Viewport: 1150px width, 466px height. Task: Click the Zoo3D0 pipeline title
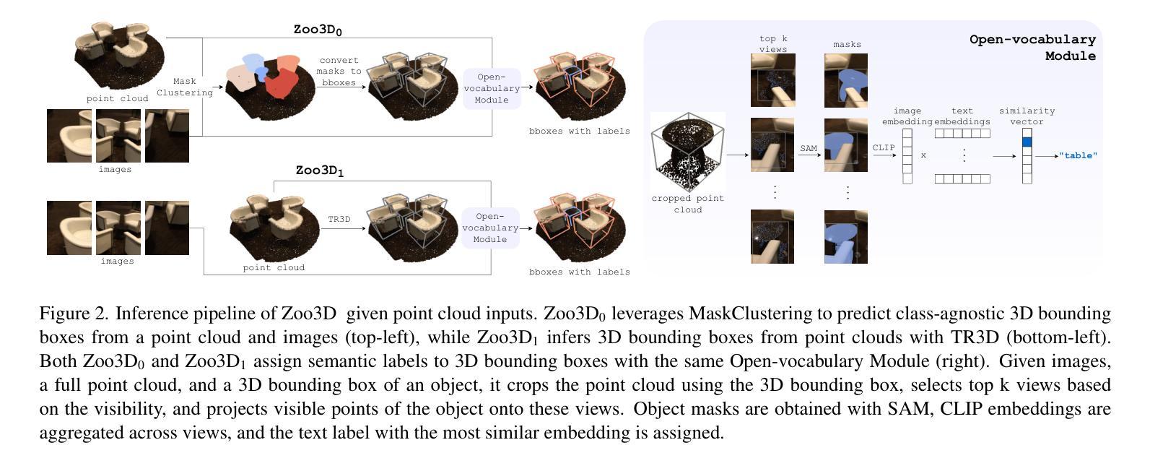(318, 30)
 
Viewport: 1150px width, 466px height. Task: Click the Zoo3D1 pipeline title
(320, 171)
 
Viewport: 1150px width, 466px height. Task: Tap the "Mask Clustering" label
(185, 87)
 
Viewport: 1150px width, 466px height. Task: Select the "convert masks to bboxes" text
(339, 72)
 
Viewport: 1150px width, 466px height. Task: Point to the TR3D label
(339, 219)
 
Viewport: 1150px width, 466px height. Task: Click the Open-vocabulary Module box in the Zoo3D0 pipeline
(492, 89)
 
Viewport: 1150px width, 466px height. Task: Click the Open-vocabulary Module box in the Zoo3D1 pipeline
(490, 228)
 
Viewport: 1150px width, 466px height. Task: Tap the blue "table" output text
(1078, 156)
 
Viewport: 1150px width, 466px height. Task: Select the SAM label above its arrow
(809, 149)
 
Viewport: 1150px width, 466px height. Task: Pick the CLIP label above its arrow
(884, 148)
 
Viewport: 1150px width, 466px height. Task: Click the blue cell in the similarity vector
(1027, 142)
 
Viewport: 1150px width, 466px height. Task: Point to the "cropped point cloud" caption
(688, 204)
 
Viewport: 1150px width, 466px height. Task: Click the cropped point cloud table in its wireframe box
(687, 151)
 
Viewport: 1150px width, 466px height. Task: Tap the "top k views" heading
(773, 43)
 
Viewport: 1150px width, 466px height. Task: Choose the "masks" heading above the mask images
(847, 45)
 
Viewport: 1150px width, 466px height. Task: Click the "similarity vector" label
(1027, 116)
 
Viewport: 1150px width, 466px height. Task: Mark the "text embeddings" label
(962, 116)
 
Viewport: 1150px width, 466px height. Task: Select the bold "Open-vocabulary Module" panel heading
(1033, 48)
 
